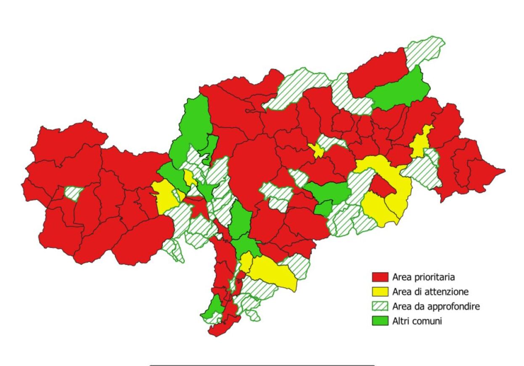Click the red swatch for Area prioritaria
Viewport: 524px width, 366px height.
[x=379, y=277]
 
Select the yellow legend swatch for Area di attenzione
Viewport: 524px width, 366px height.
[x=379, y=292]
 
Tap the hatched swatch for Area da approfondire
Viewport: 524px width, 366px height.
[x=379, y=306]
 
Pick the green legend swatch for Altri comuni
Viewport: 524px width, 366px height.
[x=379, y=321]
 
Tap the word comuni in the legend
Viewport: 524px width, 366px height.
[x=426, y=321]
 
